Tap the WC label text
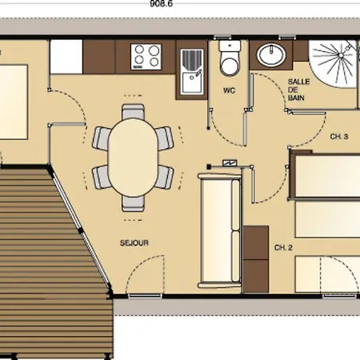(229, 90)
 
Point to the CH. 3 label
(338, 137)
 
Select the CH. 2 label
(283, 247)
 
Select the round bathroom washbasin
(270, 55)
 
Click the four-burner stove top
(146, 55)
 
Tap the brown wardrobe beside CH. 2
(256, 243)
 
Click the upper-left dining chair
(102, 137)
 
